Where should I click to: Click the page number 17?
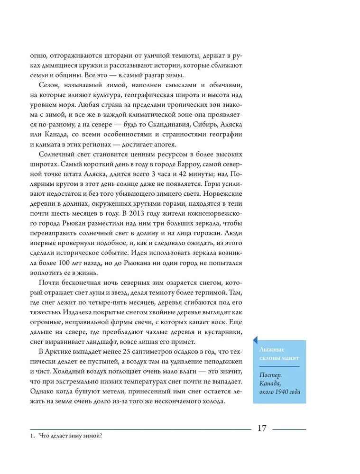click(261, 428)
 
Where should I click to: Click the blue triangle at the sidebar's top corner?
click(255, 339)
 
